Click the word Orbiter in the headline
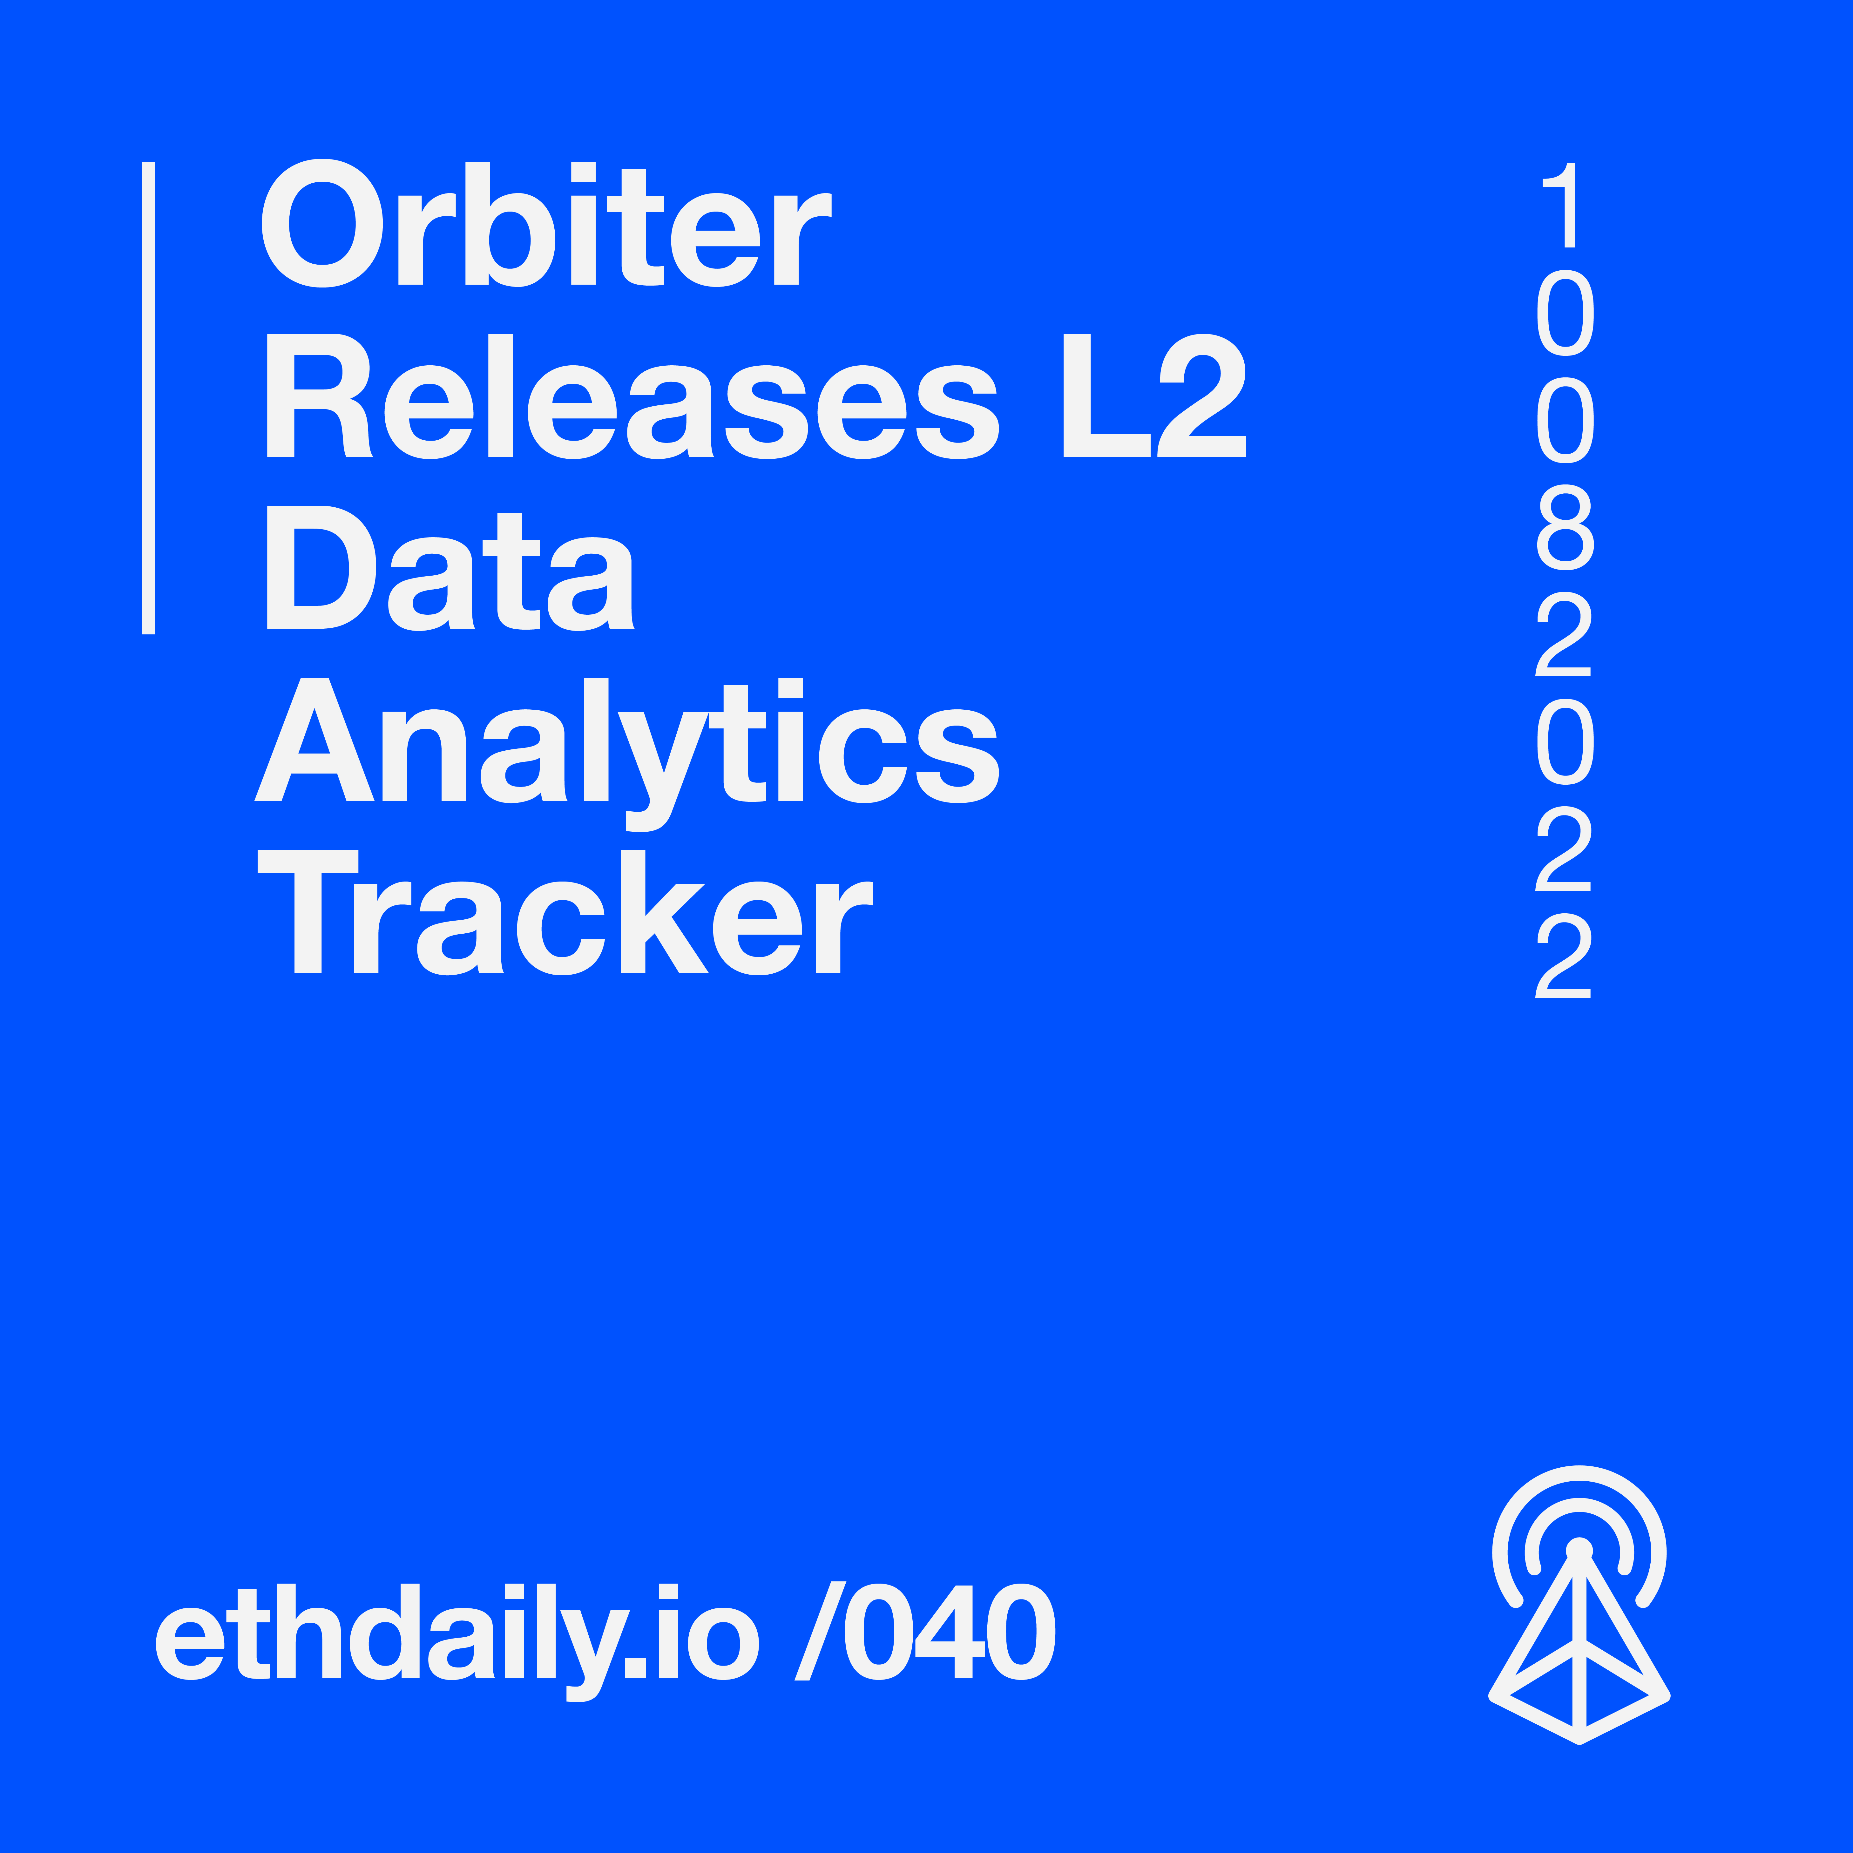click(x=547, y=223)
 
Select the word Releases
click(x=633, y=396)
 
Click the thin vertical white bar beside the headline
click(x=149, y=398)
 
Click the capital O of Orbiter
click(x=322, y=223)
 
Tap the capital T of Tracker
click(x=308, y=911)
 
